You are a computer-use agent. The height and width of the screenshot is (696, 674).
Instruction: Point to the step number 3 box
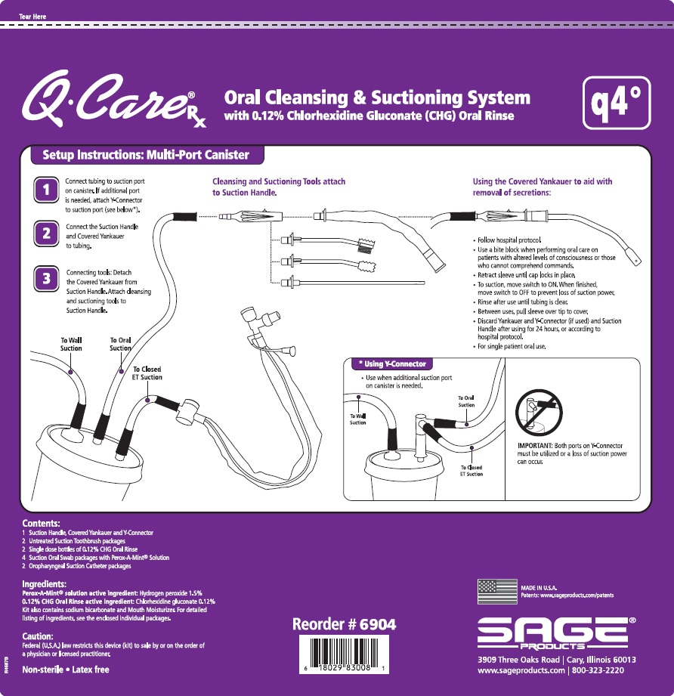[x=47, y=278]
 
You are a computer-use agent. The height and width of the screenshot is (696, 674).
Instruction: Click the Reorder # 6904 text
[x=344, y=625]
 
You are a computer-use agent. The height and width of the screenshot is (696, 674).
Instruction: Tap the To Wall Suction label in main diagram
[x=71, y=345]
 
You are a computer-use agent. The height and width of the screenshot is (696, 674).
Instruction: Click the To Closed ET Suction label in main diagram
[x=147, y=373]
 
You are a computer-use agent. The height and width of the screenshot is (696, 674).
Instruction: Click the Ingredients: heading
[x=44, y=584]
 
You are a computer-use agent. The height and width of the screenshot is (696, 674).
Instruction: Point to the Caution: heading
[x=38, y=636]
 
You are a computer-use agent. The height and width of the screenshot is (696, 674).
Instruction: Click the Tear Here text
[x=33, y=16]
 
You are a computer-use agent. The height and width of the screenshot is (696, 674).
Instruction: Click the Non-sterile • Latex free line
[x=66, y=670]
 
